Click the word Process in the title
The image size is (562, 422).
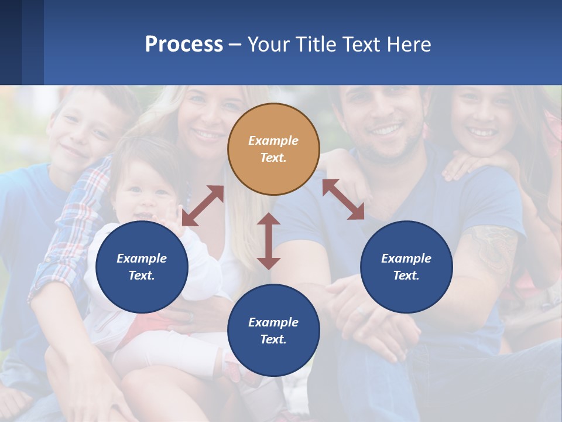(184, 45)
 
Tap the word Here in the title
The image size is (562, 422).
(408, 45)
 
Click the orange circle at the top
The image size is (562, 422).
(273, 149)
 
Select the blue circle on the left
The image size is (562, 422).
(142, 267)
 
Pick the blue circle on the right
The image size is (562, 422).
(406, 267)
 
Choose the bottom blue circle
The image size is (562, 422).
(273, 331)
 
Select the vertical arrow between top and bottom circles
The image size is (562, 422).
(269, 241)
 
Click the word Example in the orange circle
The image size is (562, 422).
(273, 141)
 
